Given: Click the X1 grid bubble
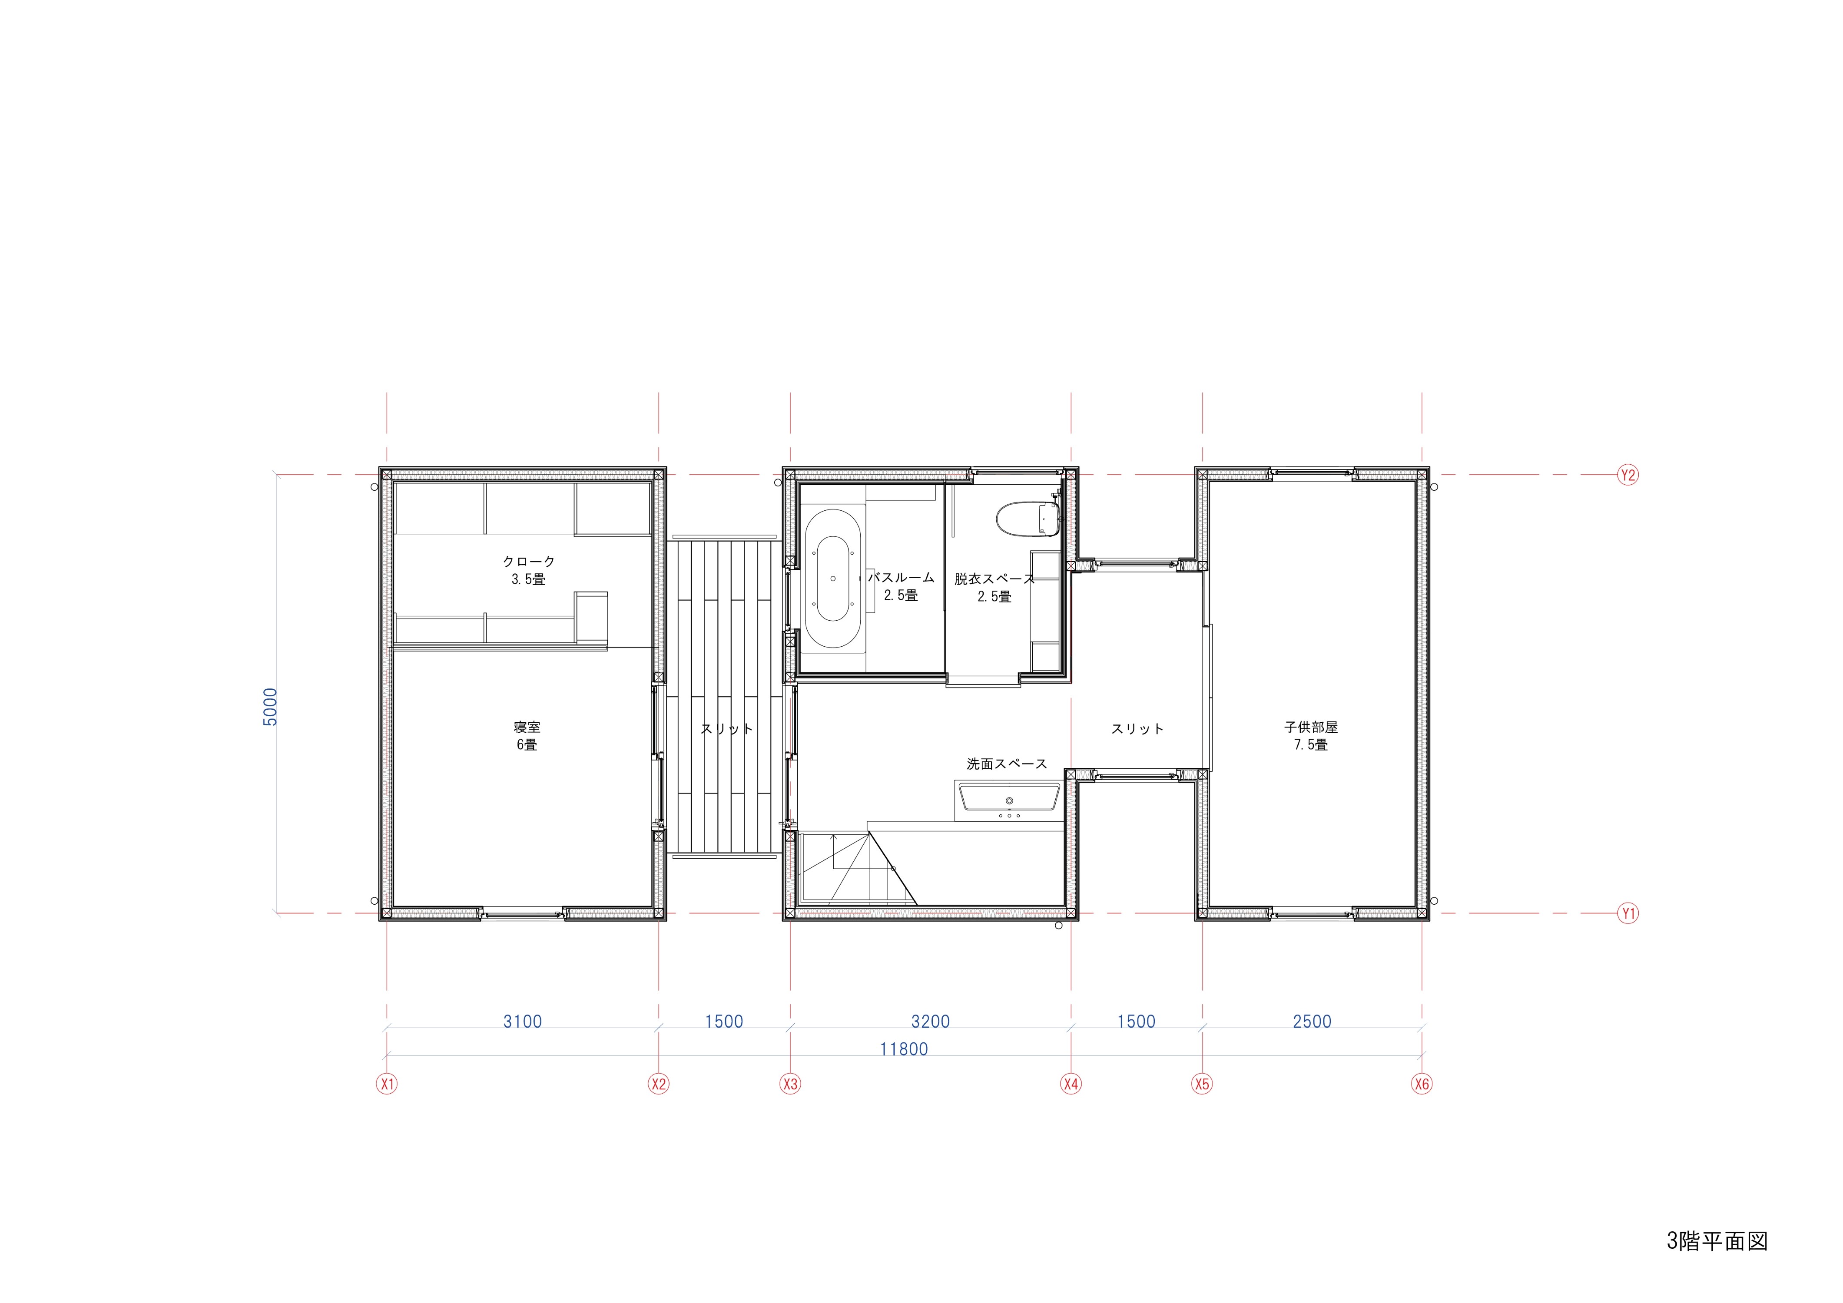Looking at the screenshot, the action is click(387, 1084).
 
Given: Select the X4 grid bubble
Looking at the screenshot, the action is click(1071, 1084).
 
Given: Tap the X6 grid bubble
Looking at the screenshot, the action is click(1422, 1084).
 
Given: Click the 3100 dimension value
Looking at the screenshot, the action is click(523, 1022).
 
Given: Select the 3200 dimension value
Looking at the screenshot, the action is click(930, 1022).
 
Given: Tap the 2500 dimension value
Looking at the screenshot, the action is click(1312, 1022).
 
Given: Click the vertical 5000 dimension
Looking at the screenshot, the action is click(271, 707).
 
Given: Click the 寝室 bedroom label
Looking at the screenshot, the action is click(527, 727).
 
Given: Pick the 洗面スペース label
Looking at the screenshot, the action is click(1007, 764).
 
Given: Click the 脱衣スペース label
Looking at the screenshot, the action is click(994, 579).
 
